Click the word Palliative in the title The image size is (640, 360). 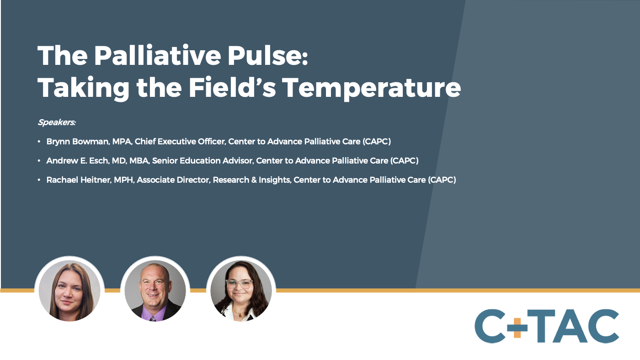pyautogui.click(x=157, y=55)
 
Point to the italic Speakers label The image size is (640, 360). pyautogui.click(x=57, y=122)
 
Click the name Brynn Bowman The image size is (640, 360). pyautogui.click(x=77, y=141)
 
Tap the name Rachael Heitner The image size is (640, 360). pyautogui.click(x=79, y=180)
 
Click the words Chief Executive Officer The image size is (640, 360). pyautogui.click(x=180, y=141)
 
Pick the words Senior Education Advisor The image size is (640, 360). pyautogui.click(x=203, y=160)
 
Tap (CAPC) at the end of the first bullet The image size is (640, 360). pyautogui.click(x=377, y=141)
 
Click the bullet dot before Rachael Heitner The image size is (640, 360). pyautogui.click(x=39, y=180)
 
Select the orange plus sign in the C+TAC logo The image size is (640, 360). pyautogui.click(x=517, y=328)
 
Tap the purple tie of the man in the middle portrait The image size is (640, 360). pyautogui.click(x=153, y=318)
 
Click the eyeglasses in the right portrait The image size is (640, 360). pyautogui.click(x=240, y=284)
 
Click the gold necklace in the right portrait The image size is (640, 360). pyautogui.click(x=238, y=312)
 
